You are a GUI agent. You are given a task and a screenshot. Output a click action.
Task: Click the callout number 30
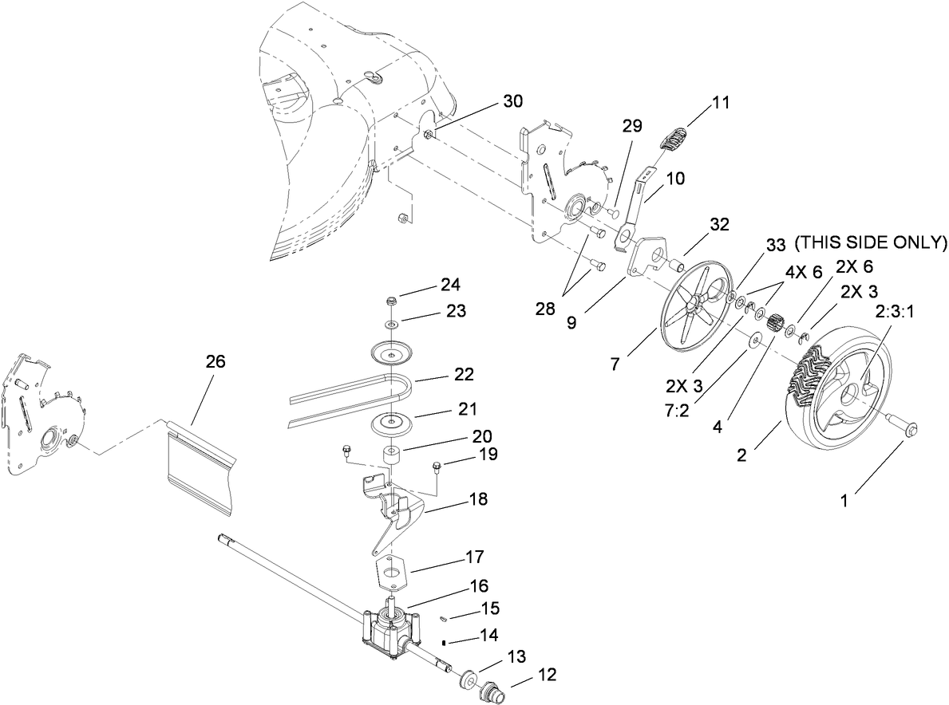(x=514, y=101)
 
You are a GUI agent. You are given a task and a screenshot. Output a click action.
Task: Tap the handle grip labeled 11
(x=675, y=136)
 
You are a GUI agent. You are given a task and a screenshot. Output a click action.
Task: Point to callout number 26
(x=215, y=361)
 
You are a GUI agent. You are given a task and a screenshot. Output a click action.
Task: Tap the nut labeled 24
(x=391, y=301)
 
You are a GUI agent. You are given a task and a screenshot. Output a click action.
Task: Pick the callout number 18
(x=479, y=499)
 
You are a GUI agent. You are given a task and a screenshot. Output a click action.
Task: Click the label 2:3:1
(x=893, y=313)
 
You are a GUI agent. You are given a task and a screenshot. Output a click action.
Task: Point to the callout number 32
(x=719, y=225)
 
